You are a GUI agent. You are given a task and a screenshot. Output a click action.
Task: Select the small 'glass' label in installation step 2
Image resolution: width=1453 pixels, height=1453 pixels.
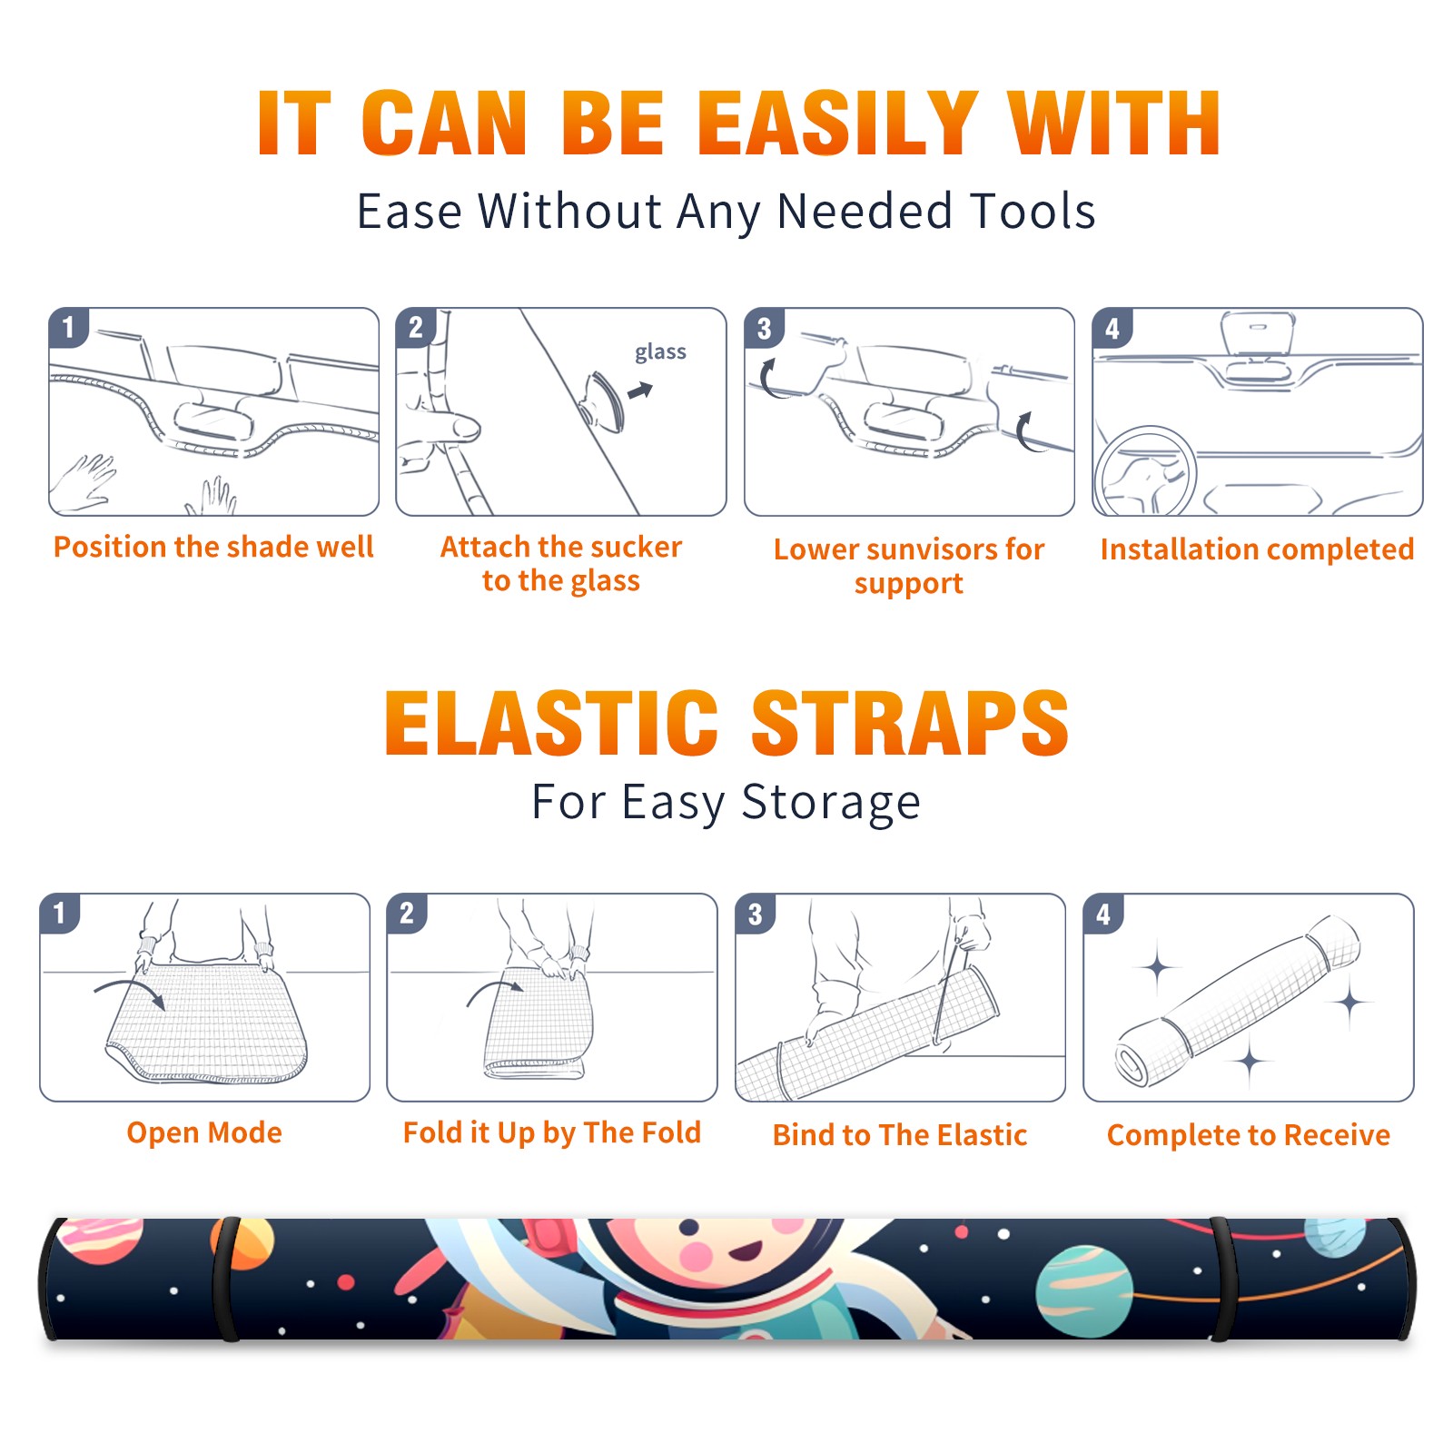[660, 352]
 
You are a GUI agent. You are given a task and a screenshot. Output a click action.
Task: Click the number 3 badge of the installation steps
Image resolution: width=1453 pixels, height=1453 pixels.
[764, 329]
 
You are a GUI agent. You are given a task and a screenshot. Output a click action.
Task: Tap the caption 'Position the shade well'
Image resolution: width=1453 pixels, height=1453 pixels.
[213, 547]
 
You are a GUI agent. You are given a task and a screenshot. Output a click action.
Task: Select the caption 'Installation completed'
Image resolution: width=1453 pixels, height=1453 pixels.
[1257, 549]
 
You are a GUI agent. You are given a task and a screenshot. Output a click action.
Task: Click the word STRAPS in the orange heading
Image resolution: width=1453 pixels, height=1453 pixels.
[910, 723]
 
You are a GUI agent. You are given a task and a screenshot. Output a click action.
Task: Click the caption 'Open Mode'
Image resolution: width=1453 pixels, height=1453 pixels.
[204, 1132]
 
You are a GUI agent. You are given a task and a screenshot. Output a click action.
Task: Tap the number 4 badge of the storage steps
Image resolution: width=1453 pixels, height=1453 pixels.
[1103, 914]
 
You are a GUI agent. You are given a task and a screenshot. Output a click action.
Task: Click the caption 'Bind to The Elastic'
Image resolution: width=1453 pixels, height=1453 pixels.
[900, 1135]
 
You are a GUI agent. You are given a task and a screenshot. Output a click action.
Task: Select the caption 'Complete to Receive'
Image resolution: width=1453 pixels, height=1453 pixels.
[1249, 1135]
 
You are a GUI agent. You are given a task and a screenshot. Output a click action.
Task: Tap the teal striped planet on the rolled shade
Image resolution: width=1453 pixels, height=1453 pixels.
[1084, 1292]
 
